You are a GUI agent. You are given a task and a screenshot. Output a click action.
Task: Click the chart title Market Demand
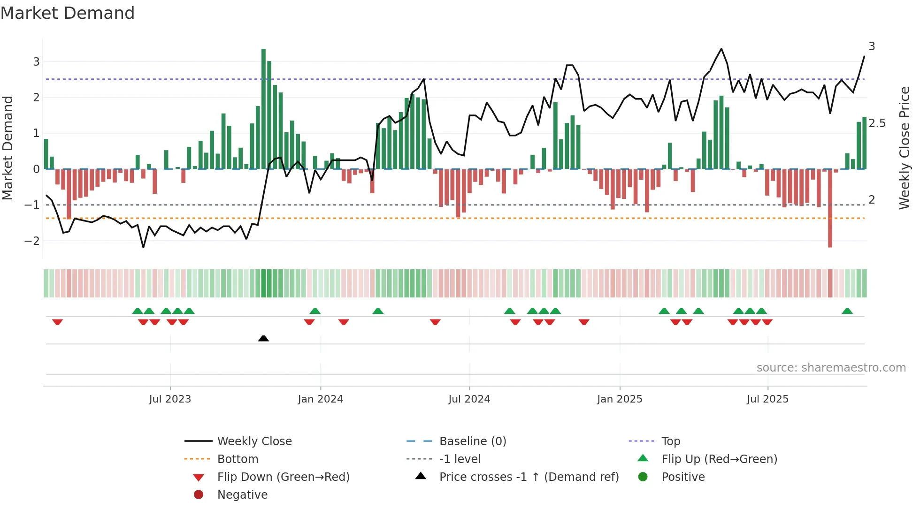[x=68, y=13]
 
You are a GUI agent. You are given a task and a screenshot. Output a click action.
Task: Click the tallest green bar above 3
[x=263, y=108]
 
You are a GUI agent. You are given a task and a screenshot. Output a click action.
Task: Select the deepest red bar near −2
[x=830, y=209]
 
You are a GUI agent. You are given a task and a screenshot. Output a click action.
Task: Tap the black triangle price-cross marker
[x=263, y=338]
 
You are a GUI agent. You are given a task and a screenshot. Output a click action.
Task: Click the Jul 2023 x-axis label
[x=170, y=399]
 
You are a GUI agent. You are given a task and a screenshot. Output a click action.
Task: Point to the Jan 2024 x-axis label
[x=320, y=399]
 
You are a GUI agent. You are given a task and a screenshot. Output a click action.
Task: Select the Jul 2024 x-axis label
[x=469, y=399]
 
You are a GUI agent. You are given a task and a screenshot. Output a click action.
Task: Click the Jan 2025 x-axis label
[x=620, y=399]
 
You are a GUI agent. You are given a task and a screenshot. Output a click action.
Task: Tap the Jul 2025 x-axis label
[x=767, y=399]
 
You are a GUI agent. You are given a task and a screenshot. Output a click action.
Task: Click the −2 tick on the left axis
[x=32, y=241]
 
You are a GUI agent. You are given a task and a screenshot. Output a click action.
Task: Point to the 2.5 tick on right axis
[x=877, y=123]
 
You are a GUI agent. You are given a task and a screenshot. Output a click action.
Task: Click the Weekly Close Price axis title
[x=904, y=148]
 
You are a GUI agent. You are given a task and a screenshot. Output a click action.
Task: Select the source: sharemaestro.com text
[x=831, y=368]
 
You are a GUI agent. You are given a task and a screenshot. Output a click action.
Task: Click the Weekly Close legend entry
[x=254, y=441]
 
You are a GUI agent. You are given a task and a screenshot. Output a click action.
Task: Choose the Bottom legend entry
[x=238, y=459]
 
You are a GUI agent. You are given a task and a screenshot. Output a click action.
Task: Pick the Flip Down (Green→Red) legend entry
[x=283, y=477]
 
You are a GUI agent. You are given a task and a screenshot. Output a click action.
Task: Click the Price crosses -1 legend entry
[x=529, y=477]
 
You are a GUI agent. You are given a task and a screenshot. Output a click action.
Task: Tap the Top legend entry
[x=670, y=441]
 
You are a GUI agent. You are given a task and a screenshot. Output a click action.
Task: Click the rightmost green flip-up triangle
[x=847, y=311]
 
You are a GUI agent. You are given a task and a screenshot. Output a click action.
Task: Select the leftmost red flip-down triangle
[x=57, y=322]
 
